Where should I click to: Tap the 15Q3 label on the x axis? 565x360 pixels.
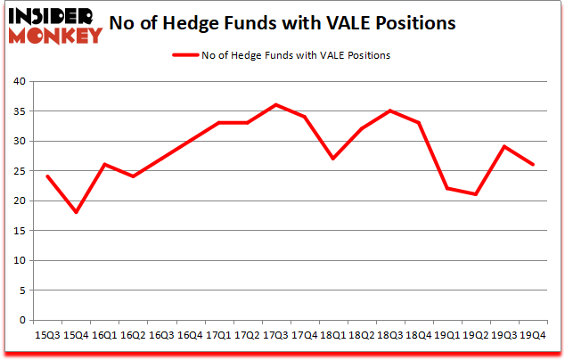47,335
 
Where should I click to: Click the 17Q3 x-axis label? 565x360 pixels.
275,335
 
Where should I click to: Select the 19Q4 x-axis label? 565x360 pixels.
533,335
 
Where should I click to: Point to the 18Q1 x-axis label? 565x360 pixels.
332,335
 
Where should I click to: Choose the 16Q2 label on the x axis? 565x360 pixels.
133,335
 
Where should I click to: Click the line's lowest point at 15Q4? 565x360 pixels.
76,212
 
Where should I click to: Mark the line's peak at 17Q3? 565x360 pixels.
275,105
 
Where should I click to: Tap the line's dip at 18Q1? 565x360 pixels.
332,159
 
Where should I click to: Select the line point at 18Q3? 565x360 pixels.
389,111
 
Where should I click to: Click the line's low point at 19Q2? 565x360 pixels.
475,194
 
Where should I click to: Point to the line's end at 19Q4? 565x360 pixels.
532,165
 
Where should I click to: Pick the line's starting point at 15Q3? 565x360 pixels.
47,176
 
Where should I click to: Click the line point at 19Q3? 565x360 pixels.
504,147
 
